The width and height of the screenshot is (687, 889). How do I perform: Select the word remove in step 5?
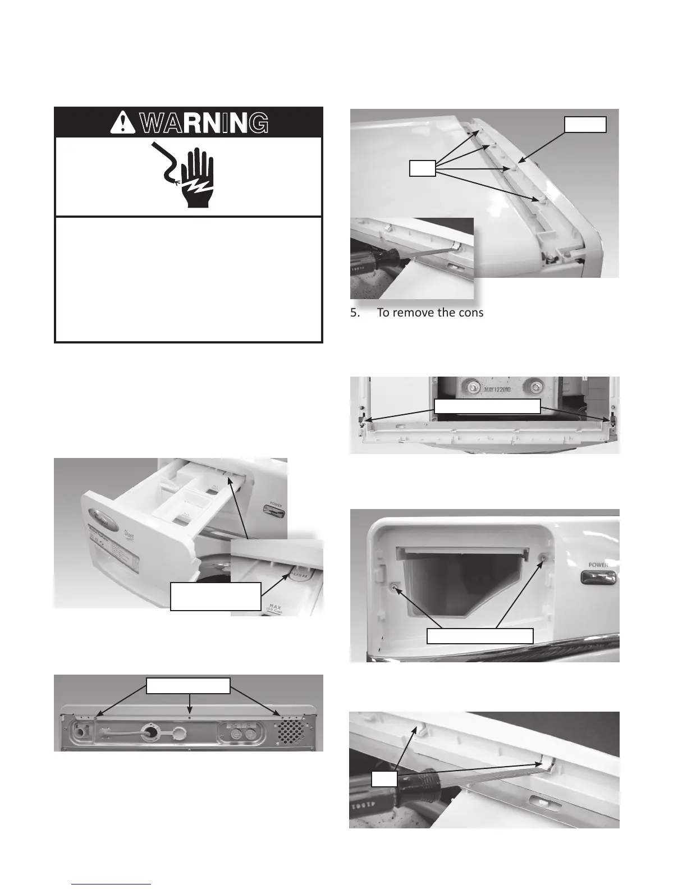point(410,313)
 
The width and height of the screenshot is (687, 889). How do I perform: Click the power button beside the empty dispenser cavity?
point(598,578)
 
